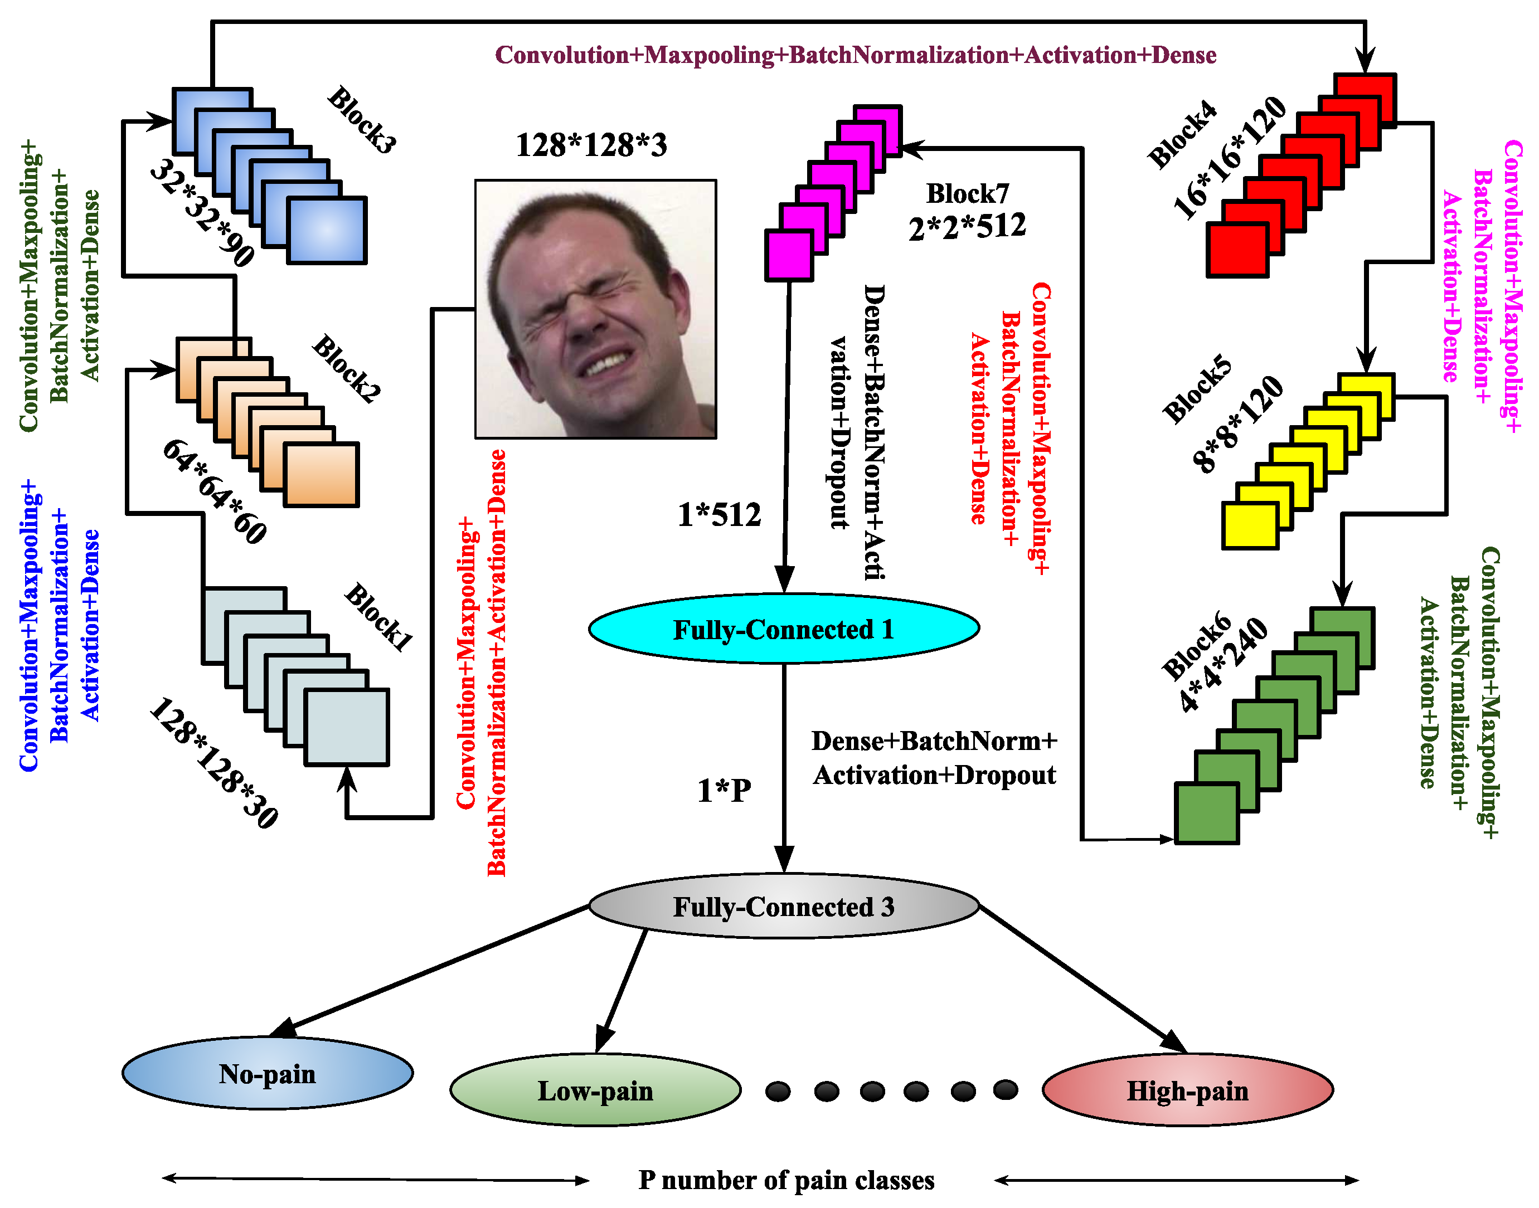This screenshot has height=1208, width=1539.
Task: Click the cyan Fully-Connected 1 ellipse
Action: coord(783,629)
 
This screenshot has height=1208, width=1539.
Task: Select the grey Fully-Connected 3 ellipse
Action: coord(783,907)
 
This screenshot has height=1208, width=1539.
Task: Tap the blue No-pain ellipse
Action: coord(267,1074)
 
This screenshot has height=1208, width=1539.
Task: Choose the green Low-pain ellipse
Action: coord(595,1090)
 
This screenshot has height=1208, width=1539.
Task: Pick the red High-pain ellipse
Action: coord(1187,1090)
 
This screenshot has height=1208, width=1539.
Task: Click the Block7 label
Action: coord(967,193)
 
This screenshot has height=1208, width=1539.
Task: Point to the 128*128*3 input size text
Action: coord(591,145)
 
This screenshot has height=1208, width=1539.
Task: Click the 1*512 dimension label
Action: coord(719,515)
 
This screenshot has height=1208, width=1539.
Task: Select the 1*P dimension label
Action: coord(724,791)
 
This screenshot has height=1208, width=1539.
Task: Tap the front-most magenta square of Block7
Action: coord(788,256)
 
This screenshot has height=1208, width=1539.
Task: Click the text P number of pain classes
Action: coord(786,1180)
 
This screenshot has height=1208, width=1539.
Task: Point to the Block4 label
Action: coord(1182,134)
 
